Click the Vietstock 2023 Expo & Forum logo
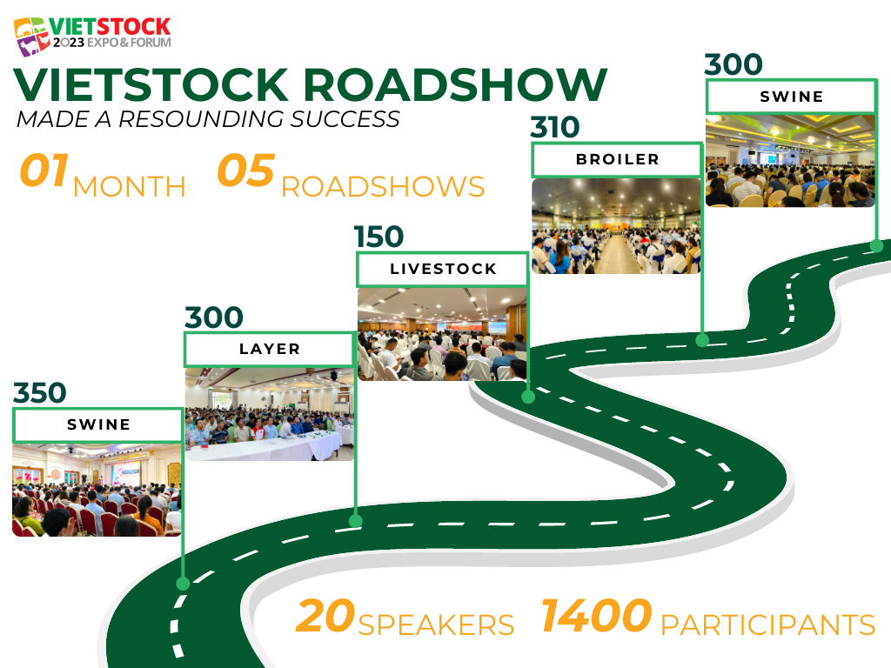coord(92,36)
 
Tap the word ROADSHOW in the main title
coord(455,85)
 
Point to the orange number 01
coord(44,170)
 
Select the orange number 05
coord(246,170)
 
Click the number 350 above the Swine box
coord(40,392)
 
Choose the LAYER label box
coord(270,349)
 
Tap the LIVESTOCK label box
coord(443,269)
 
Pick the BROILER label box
coord(617,160)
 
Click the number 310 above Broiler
coord(555,127)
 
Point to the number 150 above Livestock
coord(379,237)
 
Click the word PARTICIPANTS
coord(767,625)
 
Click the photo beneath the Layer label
coord(270,414)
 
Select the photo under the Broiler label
coord(617,226)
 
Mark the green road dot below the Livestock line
coord(528,397)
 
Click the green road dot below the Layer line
coord(356,521)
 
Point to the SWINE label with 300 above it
coord(791,97)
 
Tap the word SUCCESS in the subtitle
coord(345,119)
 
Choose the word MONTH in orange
coord(130,187)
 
